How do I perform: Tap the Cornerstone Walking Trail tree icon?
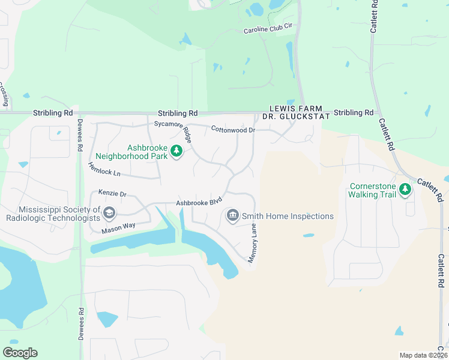(x=405, y=190)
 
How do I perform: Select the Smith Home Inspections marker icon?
(x=232, y=215)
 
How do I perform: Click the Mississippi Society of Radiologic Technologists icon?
(x=109, y=213)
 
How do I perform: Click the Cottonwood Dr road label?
(x=233, y=129)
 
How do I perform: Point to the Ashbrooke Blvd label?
(x=199, y=202)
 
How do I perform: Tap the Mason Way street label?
(x=118, y=226)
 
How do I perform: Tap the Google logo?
(x=20, y=352)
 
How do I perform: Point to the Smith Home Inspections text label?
(x=288, y=216)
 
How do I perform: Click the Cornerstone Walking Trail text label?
(x=372, y=190)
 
